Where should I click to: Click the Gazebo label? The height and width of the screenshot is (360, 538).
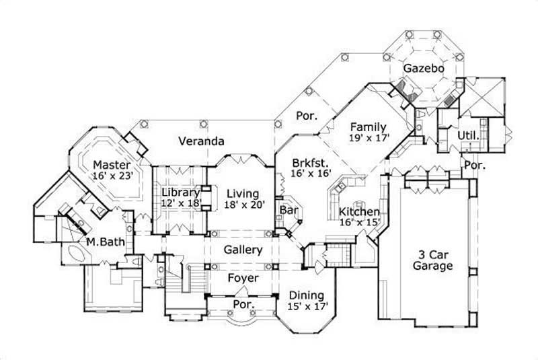(422, 69)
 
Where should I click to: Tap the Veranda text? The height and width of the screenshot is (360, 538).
(201, 141)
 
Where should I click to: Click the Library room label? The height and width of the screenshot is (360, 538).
(180, 192)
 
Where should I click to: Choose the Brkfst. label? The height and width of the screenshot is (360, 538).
(310, 162)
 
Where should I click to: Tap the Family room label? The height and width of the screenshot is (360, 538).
(368, 127)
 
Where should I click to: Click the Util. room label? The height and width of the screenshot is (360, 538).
(468, 135)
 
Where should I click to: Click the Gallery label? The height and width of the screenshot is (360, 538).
(242, 250)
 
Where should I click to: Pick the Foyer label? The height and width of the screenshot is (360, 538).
(242, 278)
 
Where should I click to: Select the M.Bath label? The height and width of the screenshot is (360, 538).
(102, 241)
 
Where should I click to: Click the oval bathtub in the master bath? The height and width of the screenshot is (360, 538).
(74, 256)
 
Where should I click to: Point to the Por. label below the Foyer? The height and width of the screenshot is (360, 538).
(242, 304)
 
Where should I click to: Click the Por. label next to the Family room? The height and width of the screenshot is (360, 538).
(307, 116)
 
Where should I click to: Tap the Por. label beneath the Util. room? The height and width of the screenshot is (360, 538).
(475, 164)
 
